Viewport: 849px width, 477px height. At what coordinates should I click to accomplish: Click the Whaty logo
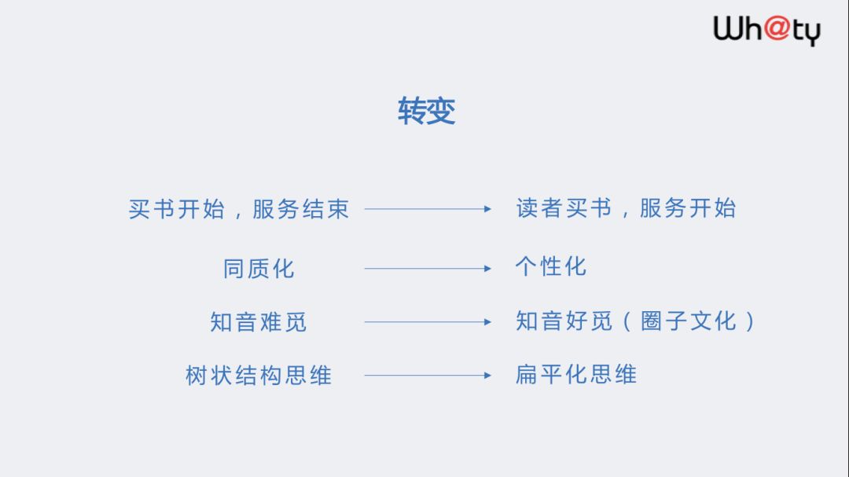click(x=766, y=31)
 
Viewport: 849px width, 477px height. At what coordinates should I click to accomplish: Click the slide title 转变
click(x=426, y=112)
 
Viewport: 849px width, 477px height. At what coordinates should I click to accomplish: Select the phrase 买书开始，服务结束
click(x=239, y=209)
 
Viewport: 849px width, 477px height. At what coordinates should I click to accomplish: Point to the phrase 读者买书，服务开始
click(x=626, y=208)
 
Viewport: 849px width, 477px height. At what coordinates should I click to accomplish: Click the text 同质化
click(x=259, y=269)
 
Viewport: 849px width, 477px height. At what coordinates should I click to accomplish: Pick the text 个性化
click(x=550, y=266)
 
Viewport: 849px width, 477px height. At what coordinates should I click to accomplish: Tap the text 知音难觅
click(x=259, y=322)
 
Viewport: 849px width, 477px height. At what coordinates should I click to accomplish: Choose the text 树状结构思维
click(x=259, y=376)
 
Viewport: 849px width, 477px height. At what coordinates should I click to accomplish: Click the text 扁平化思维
click(x=575, y=374)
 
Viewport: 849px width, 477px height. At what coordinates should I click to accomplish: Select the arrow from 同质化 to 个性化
click(x=428, y=269)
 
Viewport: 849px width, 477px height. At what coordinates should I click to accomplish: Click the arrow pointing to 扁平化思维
click(x=428, y=376)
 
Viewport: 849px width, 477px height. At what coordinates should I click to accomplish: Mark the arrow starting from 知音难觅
click(x=428, y=322)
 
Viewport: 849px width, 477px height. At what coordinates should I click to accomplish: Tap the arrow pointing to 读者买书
click(x=428, y=209)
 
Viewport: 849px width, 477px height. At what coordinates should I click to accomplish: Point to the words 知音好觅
click(x=563, y=321)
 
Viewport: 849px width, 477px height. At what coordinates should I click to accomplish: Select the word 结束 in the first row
click(x=325, y=209)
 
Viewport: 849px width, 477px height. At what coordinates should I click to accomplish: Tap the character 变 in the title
click(x=441, y=112)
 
